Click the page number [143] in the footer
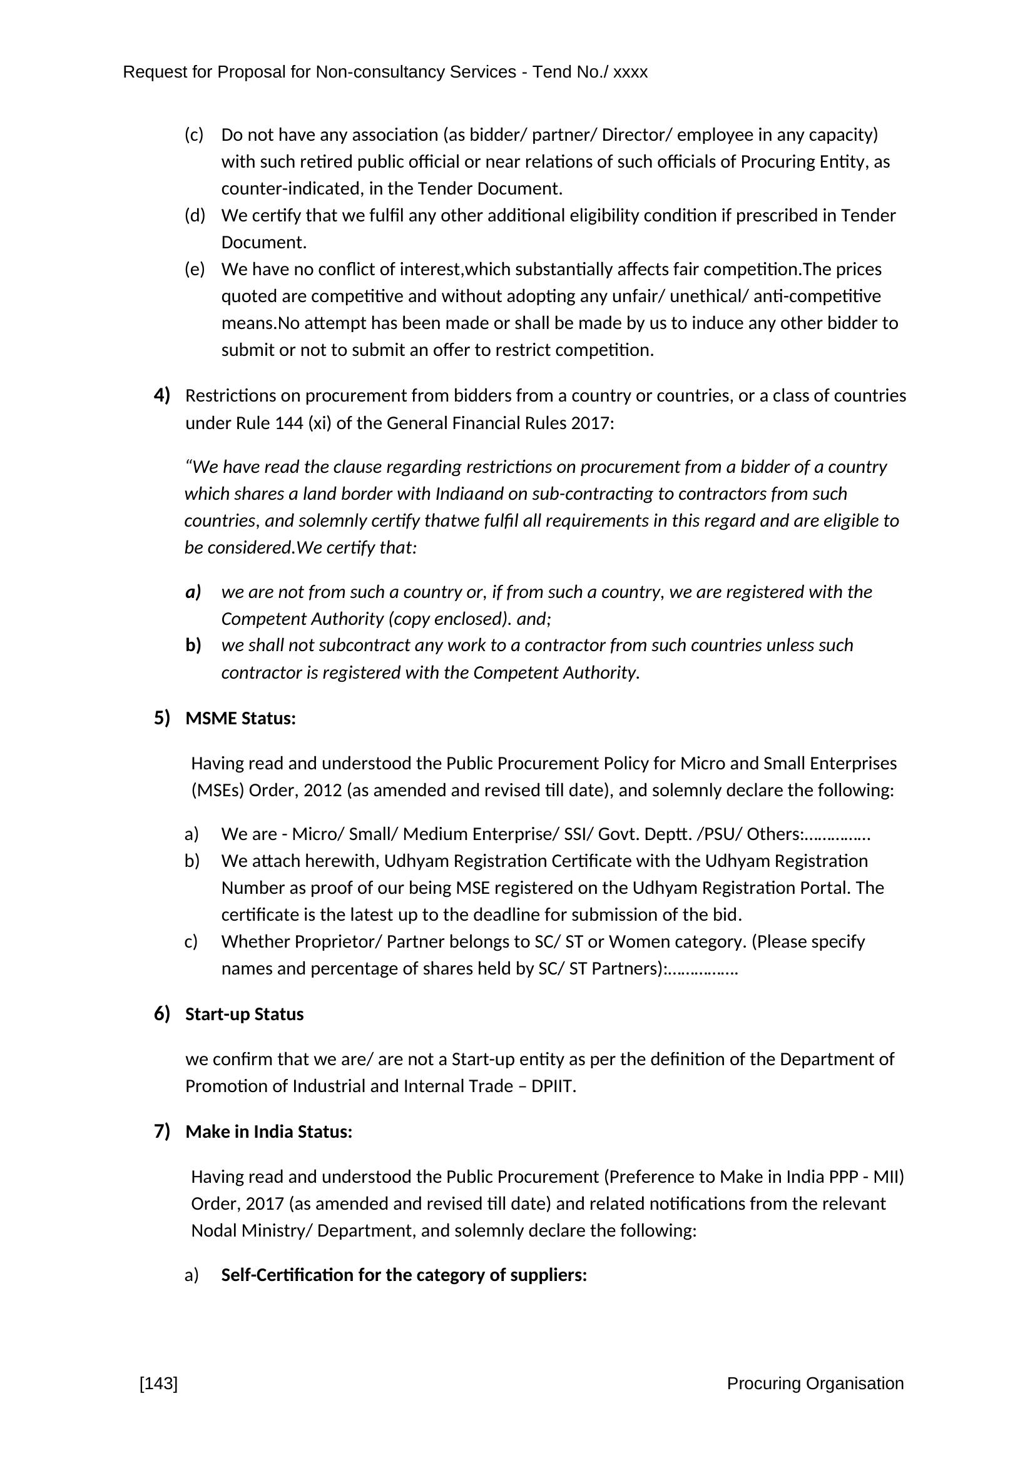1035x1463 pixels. [x=159, y=1384]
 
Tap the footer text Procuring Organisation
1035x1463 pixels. [x=815, y=1384]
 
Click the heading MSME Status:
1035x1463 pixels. [x=240, y=719]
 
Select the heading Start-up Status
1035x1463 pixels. [x=244, y=1015]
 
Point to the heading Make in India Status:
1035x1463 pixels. [x=268, y=1131]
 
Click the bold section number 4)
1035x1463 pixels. [x=162, y=396]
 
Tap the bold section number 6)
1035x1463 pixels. [x=162, y=1014]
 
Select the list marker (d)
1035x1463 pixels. [x=195, y=215]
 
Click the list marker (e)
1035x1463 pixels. [x=195, y=270]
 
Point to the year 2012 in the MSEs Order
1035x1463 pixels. [x=322, y=791]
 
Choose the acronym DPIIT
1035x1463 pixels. [x=553, y=1086]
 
